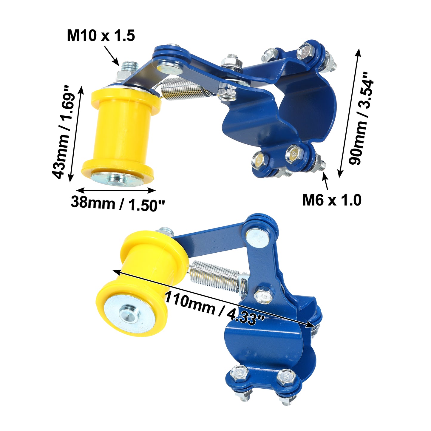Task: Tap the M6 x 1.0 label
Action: click(332, 200)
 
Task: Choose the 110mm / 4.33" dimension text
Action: click(214, 308)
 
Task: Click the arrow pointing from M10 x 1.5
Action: click(111, 55)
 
